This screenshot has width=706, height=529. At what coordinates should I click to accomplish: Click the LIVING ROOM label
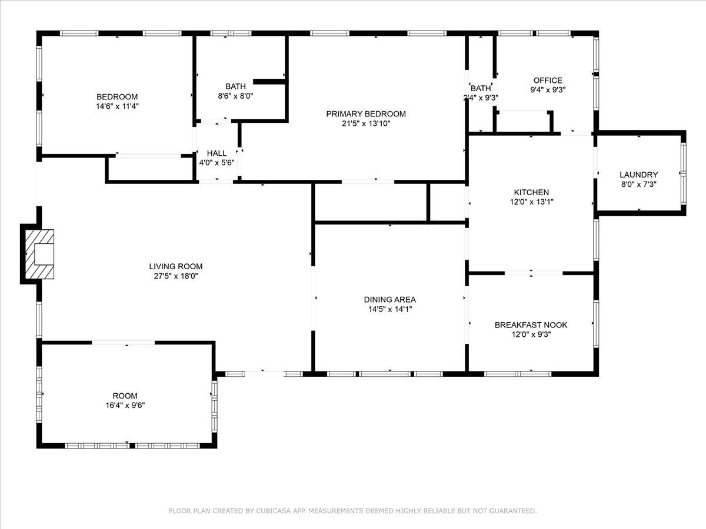click(x=176, y=266)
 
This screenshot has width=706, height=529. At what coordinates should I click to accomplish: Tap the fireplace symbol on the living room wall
click(x=40, y=253)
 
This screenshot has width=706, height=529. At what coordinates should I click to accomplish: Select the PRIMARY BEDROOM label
click(x=366, y=114)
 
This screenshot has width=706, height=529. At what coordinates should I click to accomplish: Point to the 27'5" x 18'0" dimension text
click(x=176, y=276)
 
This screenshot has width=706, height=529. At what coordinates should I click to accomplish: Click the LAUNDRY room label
click(x=638, y=175)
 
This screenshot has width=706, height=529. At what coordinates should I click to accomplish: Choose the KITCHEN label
click(x=531, y=192)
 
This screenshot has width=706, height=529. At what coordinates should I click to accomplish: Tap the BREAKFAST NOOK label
click(x=531, y=325)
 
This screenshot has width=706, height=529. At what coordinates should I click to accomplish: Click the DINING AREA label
click(x=389, y=300)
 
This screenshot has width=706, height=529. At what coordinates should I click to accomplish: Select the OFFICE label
click(x=548, y=81)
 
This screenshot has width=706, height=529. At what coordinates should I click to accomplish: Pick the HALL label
click(x=217, y=153)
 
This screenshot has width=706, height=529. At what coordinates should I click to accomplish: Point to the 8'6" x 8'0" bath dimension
click(x=235, y=96)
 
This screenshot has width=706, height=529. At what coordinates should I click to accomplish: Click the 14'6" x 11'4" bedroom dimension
click(x=117, y=106)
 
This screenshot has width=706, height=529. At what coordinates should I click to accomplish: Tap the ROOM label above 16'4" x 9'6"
click(x=125, y=396)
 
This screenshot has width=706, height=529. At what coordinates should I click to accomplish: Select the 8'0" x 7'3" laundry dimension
click(x=638, y=184)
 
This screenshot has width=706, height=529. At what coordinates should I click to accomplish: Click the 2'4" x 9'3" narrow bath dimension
click(x=481, y=98)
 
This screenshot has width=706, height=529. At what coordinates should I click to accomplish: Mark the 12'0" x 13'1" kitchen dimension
click(x=531, y=202)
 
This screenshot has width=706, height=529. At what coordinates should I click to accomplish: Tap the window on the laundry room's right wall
click(x=683, y=173)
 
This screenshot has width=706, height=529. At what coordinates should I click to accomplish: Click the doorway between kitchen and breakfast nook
click(x=533, y=273)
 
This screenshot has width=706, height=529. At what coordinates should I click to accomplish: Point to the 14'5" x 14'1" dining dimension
click(x=389, y=309)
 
